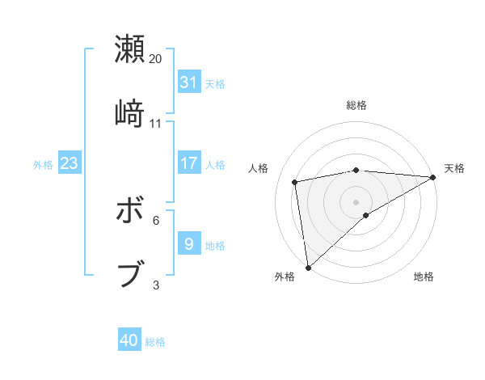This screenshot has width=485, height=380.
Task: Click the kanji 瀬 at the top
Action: (x=129, y=49)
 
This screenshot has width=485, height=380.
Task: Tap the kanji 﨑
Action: (x=129, y=114)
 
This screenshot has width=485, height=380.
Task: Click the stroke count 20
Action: (x=156, y=58)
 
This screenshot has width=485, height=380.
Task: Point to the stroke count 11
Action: (x=156, y=123)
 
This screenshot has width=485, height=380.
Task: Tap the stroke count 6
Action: (x=156, y=219)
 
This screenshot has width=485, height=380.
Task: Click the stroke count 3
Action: (x=156, y=284)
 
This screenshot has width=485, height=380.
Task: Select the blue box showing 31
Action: (x=189, y=82)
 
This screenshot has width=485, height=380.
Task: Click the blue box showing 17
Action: (x=189, y=163)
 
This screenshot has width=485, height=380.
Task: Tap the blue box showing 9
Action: (x=189, y=243)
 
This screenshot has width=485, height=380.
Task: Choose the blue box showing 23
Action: (x=69, y=163)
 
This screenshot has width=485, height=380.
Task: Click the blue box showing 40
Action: (x=129, y=340)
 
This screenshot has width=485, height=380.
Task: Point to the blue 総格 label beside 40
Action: (x=156, y=342)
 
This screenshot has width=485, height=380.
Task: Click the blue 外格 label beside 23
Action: (x=43, y=165)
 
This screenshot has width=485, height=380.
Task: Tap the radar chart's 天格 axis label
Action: (x=454, y=168)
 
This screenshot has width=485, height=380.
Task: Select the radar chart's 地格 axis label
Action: (x=424, y=277)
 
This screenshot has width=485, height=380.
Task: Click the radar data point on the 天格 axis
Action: (x=433, y=177)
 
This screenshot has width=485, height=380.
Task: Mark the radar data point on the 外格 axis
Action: (x=308, y=267)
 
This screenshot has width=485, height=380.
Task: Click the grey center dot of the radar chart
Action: (x=356, y=201)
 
